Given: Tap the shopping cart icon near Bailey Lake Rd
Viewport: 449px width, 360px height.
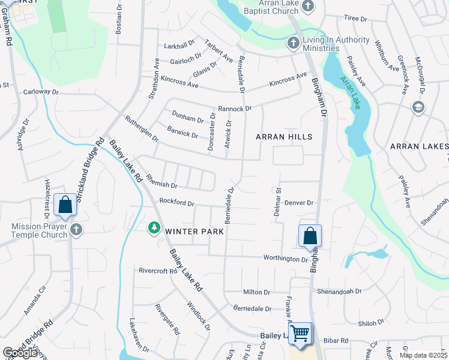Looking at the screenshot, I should pos(300,333).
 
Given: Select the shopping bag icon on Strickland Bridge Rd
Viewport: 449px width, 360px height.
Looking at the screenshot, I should pos(65,205).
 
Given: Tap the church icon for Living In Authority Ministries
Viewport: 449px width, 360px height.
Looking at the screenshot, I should pos(293,43).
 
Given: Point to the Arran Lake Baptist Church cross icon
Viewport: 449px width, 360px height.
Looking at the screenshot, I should pos(307,7).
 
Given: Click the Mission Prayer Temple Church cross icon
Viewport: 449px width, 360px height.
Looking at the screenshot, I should pos(76,229).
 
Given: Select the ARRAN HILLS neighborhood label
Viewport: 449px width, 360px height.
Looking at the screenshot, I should pos(284,137).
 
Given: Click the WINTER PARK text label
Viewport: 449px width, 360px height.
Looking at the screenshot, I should pos(194,231).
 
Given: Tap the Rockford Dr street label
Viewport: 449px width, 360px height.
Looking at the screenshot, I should pos(176,203).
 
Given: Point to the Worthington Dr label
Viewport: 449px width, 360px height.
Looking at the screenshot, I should pos(285,259).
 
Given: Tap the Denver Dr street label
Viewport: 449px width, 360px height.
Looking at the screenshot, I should pos(300,203).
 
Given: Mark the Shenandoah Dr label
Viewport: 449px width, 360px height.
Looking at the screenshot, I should pos(340,291).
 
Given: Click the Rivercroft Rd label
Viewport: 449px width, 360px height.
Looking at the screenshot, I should pos(157,271).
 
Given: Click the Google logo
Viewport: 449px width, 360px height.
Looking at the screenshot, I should pos(20,353).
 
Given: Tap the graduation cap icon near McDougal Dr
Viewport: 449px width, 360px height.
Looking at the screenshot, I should pos(418,107).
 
